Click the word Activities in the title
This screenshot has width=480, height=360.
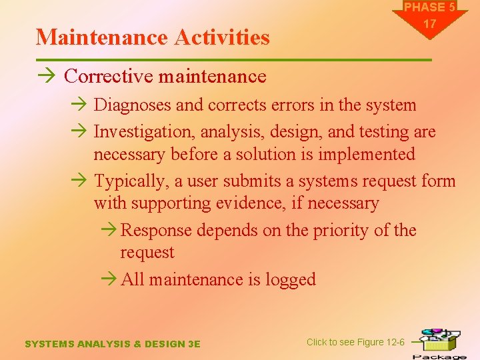[x=223, y=37]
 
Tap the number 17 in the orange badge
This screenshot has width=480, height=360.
[x=429, y=24]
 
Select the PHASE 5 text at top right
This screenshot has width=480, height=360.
[x=429, y=7]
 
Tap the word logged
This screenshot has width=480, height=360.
[x=291, y=280]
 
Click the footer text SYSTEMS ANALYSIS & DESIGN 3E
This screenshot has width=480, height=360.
[x=112, y=344]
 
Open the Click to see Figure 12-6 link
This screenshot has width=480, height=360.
[x=355, y=342]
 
